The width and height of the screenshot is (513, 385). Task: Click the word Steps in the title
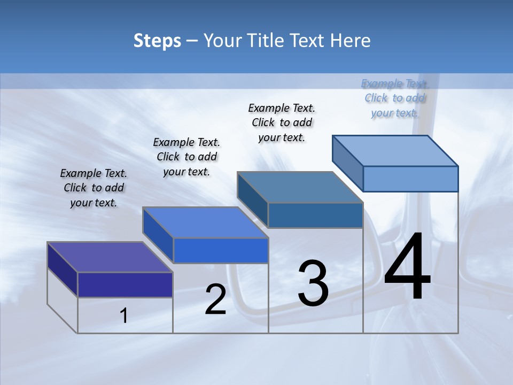(157, 41)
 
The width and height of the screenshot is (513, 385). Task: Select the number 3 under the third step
(313, 283)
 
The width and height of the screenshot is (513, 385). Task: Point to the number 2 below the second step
(215, 299)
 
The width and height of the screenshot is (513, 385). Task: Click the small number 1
(124, 315)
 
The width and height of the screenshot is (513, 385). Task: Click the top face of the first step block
(110, 257)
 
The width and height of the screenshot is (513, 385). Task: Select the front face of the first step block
(125, 284)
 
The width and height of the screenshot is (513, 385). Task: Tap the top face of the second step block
(205, 222)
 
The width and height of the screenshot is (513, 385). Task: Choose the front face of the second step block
(221, 250)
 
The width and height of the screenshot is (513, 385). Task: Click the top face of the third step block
(300, 187)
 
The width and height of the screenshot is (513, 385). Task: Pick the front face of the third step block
(315, 215)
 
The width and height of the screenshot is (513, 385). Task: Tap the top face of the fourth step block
(395, 151)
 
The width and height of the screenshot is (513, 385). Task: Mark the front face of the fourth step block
(410, 179)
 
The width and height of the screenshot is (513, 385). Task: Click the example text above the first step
(94, 188)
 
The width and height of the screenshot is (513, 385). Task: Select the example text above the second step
(186, 157)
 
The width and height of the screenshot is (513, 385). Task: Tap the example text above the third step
(282, 122)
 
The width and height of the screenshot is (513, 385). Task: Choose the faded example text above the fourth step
(395, 98)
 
